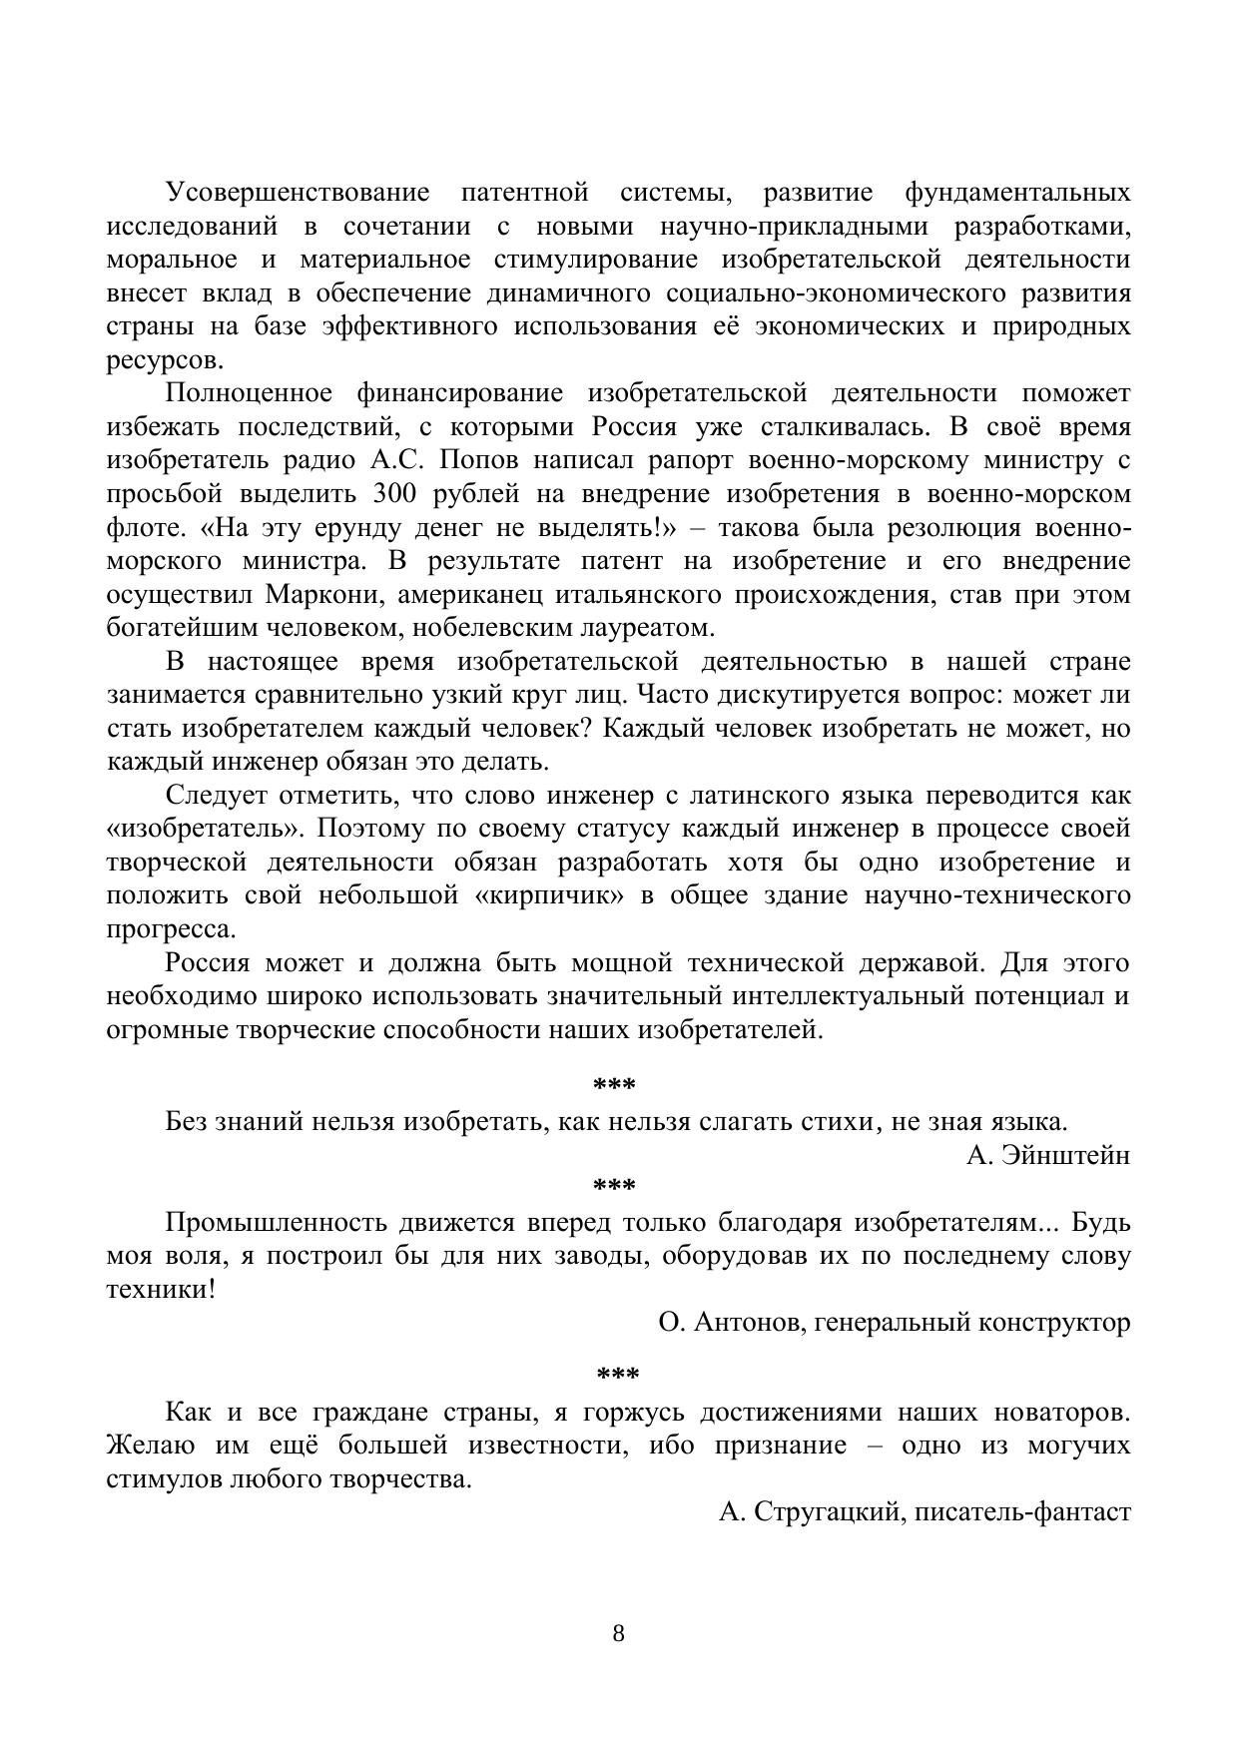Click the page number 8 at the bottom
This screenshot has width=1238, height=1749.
(618, 1634)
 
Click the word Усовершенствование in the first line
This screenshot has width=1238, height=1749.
(298, 193)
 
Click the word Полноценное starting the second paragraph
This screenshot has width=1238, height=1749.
(246, 393)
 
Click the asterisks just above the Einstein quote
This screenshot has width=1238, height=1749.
(615, 1085)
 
